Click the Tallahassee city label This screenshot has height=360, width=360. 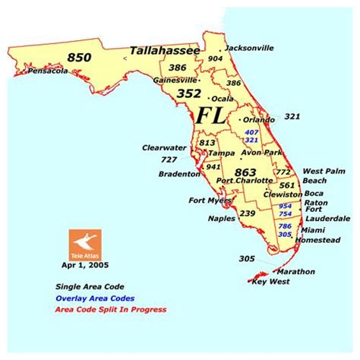pos(165,51)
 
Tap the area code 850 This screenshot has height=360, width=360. pos(79,57)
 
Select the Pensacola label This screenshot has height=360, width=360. pos(48,71)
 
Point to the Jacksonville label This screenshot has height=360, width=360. pos(249,48)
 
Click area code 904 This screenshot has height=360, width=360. pos(215,58)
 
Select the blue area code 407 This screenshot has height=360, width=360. pos(251,132)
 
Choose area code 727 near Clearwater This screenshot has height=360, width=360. pos(169,160)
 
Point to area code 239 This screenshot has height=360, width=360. pos(248,213)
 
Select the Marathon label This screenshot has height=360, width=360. pos(295,271)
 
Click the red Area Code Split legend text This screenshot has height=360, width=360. pos(110,309)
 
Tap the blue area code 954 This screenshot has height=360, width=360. pos(285,205)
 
